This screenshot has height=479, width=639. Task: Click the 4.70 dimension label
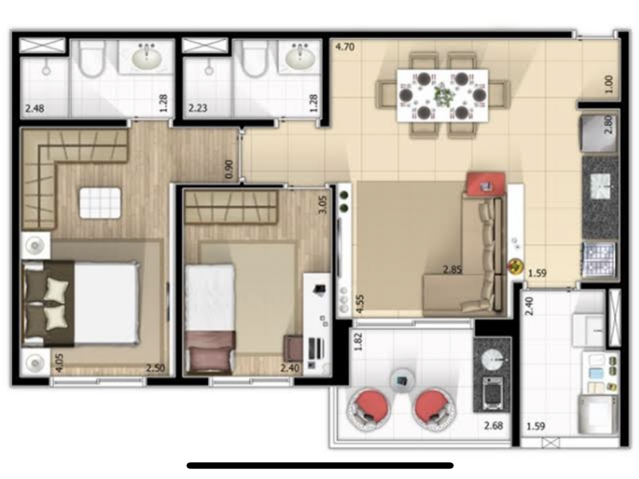[x=344, y=47]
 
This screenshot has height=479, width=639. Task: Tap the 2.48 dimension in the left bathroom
[x=34, y=109]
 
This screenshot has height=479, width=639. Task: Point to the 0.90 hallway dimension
[x=229, y=168]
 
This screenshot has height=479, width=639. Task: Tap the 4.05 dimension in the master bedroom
[x=59, y=364]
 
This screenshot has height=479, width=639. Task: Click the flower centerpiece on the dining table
[x=443, y=96]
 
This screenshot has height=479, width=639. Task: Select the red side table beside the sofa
[x=482, y=184]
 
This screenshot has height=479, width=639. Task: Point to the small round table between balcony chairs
[x=401, y=380]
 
